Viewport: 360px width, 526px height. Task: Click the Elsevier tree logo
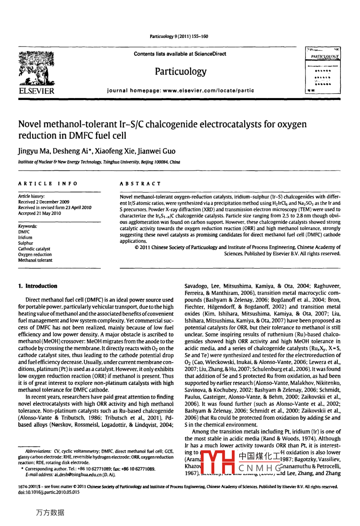tap(37, 68)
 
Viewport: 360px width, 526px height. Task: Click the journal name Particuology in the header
tap(180, 71)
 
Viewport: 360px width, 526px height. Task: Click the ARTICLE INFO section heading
tap(48, 184)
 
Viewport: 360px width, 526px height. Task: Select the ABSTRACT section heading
tap(140, 184)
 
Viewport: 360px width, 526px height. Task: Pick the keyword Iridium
tap(25, 237)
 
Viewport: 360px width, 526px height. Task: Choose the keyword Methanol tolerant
tap(35, 260)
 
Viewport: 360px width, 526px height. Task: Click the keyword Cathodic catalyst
tap(34, 249)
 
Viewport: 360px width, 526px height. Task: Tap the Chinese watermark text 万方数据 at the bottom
tap(50, 512)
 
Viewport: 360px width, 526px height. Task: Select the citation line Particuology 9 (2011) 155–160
tap(179, 37)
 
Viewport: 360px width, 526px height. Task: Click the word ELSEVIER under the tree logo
tap(37, 91)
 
